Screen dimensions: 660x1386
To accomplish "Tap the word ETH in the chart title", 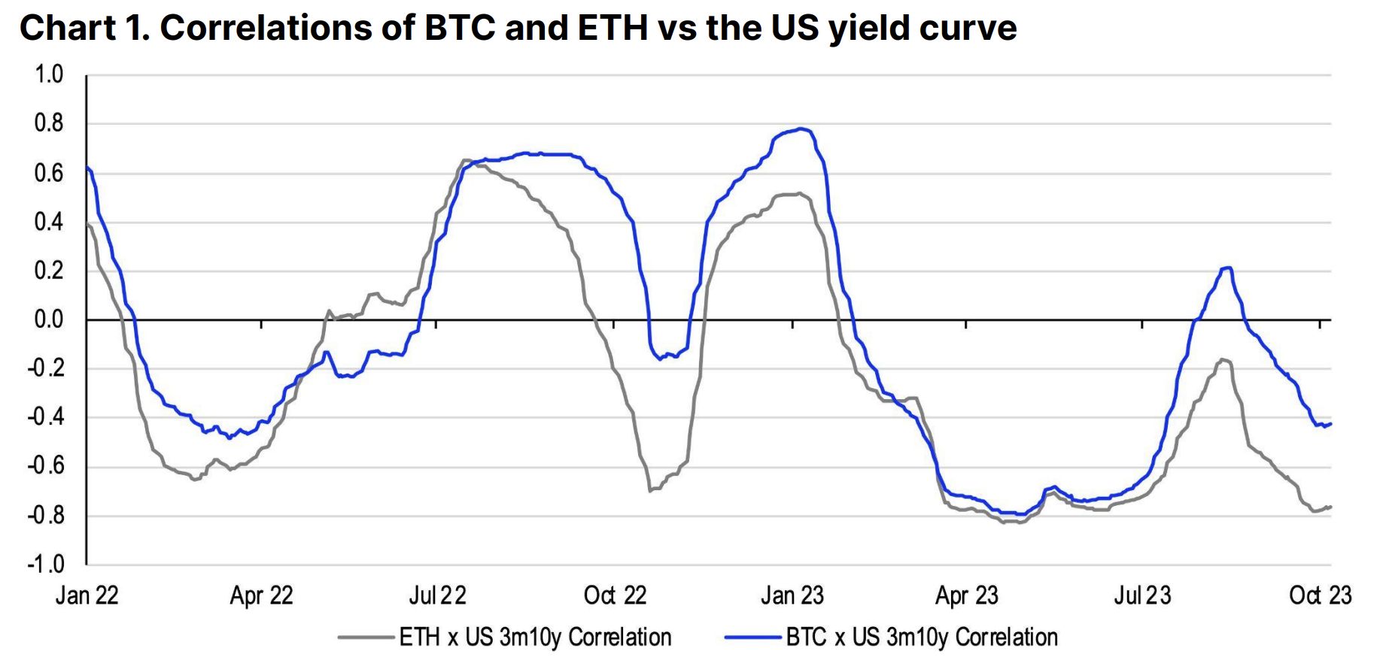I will coord(612,28).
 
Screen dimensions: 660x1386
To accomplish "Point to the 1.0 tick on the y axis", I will coord(49,74).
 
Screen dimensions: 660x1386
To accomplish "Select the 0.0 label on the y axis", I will coord(49,319).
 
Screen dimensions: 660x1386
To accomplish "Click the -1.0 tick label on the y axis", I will coord(46,564).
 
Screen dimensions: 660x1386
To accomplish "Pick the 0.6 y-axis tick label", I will coord(49,173).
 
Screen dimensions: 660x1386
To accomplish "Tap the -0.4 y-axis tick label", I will coord(46,417).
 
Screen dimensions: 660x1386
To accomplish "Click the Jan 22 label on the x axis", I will coord(87,595).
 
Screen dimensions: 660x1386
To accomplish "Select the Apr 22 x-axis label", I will coord(261,595).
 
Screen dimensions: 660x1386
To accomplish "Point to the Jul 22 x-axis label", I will coord(437,595).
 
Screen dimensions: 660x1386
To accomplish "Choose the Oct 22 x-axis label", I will coord(615,595).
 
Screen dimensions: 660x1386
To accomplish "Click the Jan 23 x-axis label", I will coord(792,595).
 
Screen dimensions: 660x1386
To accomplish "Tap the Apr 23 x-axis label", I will coord(966,595).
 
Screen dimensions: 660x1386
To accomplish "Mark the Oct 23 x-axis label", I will coord(1320,595).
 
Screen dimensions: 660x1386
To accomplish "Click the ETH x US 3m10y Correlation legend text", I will coord(535,637).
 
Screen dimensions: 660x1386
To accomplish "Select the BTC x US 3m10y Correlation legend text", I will coord(922,637).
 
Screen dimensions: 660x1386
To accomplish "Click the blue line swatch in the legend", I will coord(752,637).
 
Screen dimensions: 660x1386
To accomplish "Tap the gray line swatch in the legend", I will coord(366,637).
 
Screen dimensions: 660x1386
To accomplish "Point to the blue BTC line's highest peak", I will coord(804,129).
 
